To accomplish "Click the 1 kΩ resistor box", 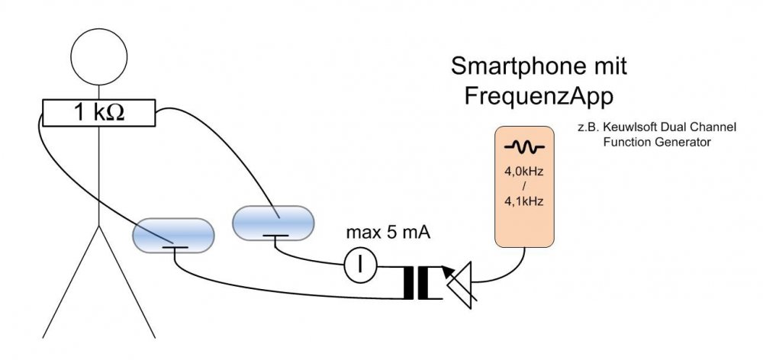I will pos(98,114).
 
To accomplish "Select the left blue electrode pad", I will pos(172,236).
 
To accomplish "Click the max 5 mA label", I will pos(388,233).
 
